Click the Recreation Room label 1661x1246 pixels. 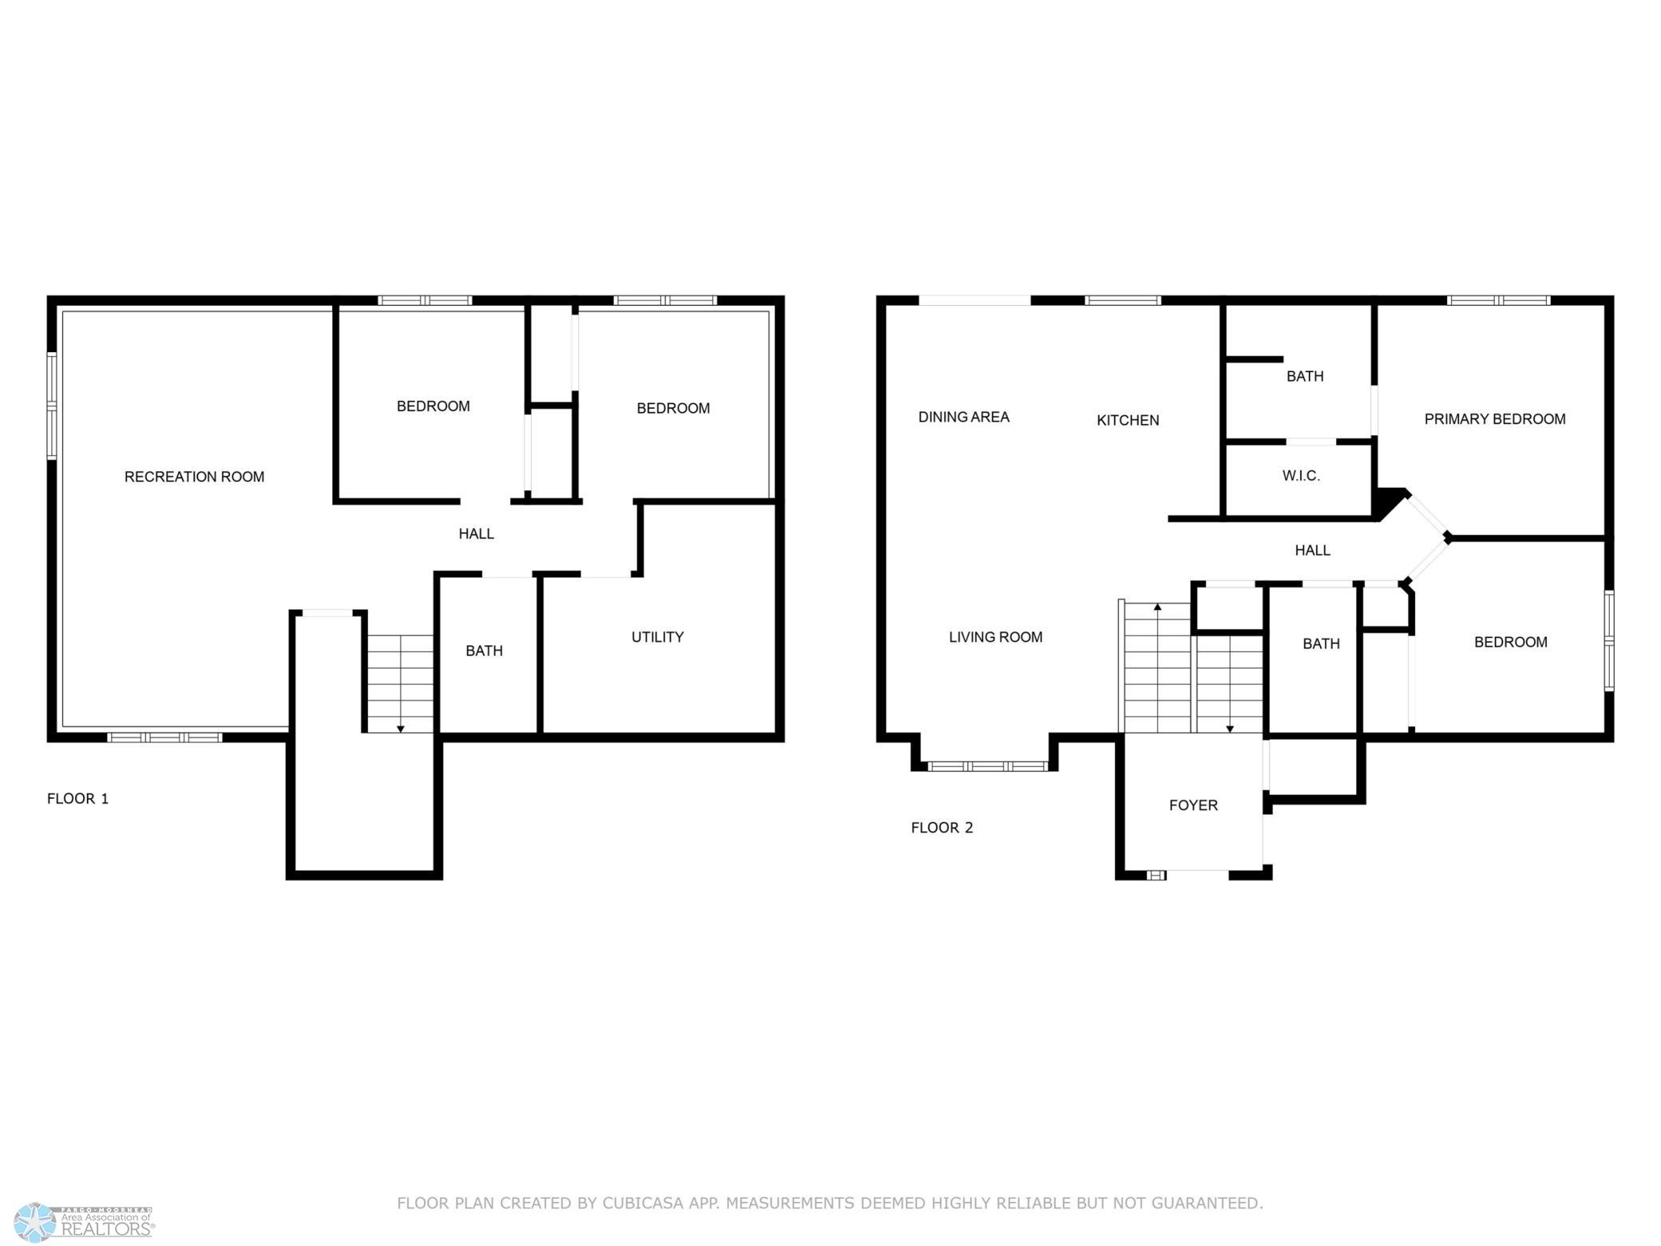click(x=194, y=477)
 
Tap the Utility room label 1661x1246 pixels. click(x=657, y=637)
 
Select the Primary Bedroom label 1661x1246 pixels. click(x=1495, y=419)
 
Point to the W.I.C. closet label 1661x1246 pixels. click(x=1301, y=476)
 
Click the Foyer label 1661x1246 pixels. click(x=1193, y=806)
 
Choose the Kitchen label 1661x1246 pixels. click(x=1128, y=420)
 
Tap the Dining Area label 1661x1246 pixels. click(x=964, y=417)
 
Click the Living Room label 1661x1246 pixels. click(x=996, y=637)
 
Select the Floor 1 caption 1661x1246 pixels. click(x=77, y=799)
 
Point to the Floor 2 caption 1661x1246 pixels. click(x=942, y=828)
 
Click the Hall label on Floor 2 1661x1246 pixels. click(x=1313, y=550)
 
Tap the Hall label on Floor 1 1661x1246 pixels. click(x=476, y=534)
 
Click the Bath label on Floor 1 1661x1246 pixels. click(x=484, y=651)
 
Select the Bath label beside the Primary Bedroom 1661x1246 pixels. click(x=1305, y=376)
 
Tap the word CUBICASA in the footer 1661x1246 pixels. click(x=652, y=1203)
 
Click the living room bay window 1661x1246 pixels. click(x=987, y=766)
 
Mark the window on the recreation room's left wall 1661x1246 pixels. click(x=52, y=406)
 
